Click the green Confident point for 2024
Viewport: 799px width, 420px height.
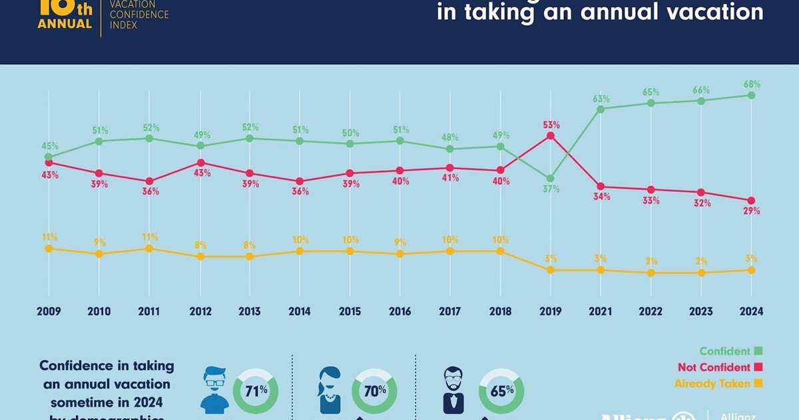751,95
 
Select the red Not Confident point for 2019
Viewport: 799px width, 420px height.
550,135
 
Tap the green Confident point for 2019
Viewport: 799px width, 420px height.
550,179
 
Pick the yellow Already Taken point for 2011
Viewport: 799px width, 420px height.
149,249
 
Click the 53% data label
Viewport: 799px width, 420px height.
551,125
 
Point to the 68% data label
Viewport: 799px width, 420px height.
752,85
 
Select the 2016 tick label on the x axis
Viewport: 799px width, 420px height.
400,311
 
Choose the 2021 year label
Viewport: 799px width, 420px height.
601,311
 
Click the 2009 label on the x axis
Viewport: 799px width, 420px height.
48,311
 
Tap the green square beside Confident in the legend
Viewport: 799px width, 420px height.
758,351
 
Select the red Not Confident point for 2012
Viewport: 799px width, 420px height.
199,163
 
